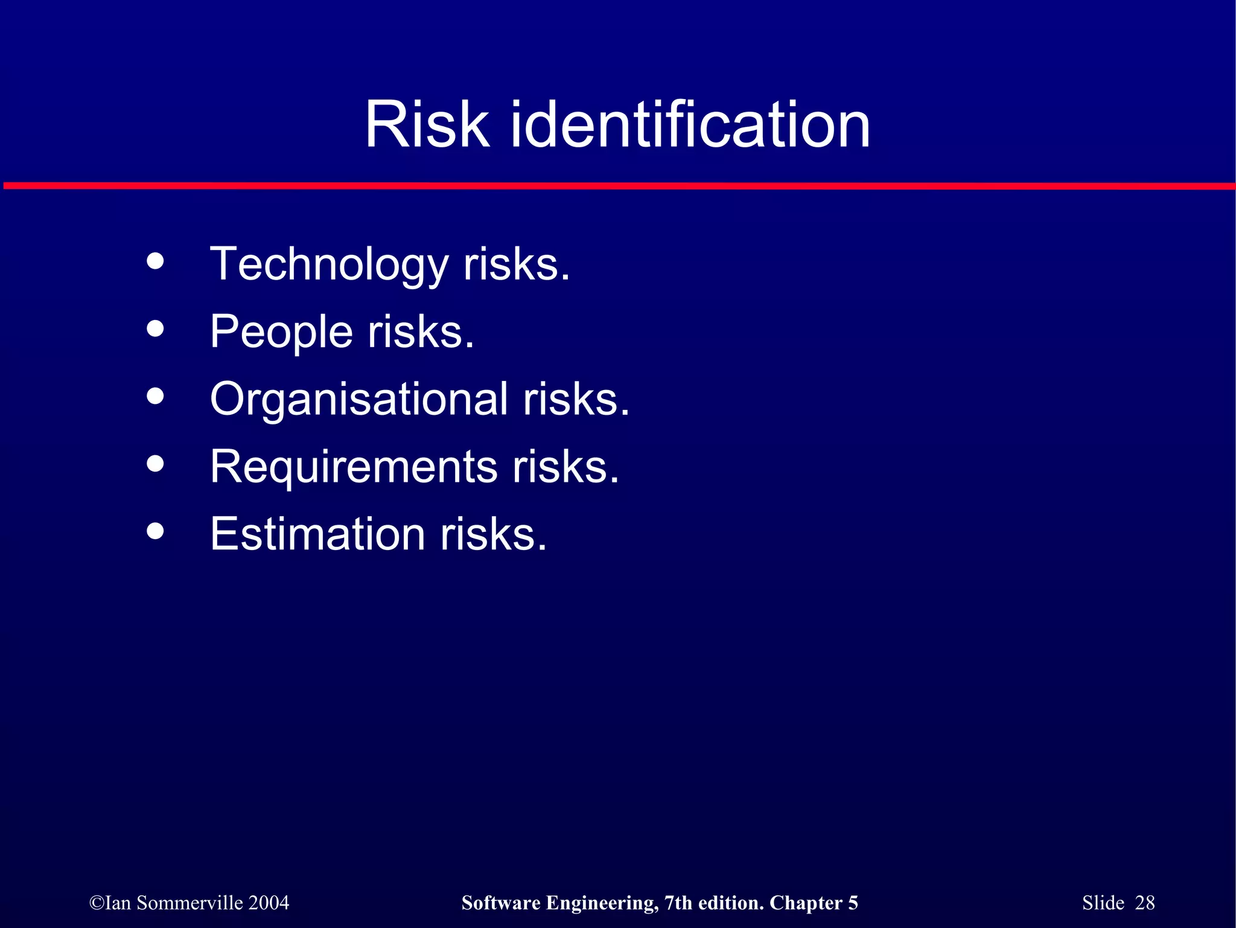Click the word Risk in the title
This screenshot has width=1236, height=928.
[x=427, y=125]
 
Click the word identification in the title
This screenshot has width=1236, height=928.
[x=690, y=125]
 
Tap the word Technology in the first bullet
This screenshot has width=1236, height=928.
[x=329, y=265]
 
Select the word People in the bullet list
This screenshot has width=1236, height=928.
[x=281, y=332]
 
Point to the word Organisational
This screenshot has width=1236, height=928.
[x=359, y=400]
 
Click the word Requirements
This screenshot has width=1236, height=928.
[x=354, y=467]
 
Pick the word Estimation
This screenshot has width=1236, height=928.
[x=317, y=534]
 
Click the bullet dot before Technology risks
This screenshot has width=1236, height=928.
[x=155, y=261]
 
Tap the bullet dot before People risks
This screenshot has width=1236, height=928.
[x=155, y=328]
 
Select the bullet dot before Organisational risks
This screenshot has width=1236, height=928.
[x=155, y=396]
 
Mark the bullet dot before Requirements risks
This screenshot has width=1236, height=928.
[x=155, y=464]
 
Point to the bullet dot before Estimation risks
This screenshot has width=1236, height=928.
[x=155, y=531]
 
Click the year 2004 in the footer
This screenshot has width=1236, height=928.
[x=269, y=903]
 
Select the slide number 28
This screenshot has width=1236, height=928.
[x=1144, y=903]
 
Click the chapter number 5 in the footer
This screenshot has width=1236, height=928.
[x=853, y=903]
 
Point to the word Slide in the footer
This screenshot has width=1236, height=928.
[x=1103, y=903]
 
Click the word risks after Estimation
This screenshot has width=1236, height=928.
[x=492, y=534]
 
